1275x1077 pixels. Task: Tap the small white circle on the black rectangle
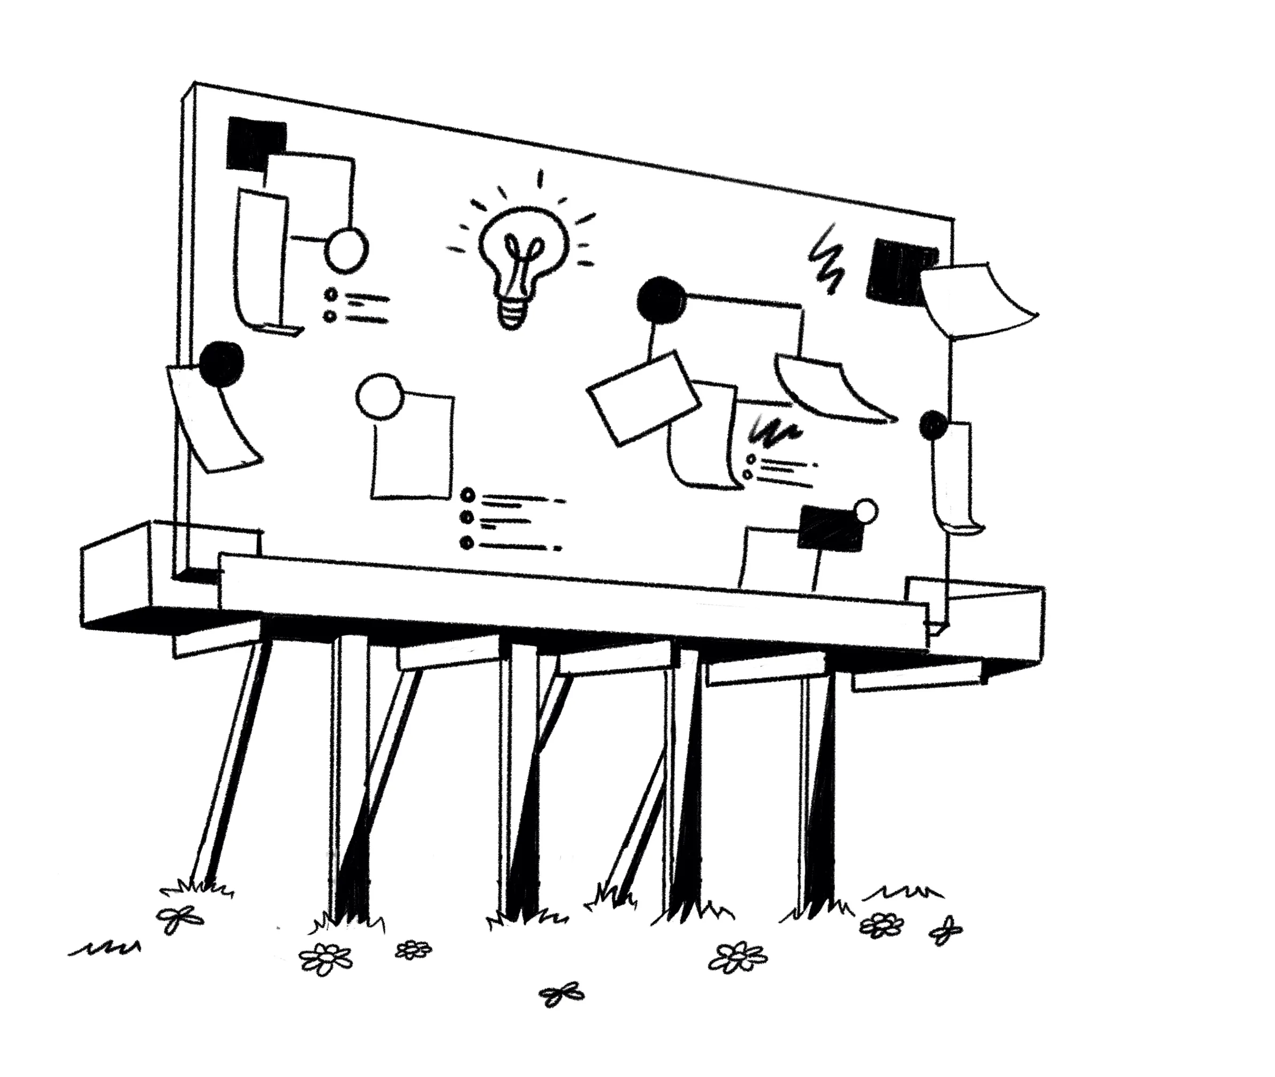pos(866,511)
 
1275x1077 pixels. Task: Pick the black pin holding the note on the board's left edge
pos(222,363)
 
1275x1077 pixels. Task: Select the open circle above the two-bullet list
pos(346,250)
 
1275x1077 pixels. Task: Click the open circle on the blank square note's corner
pos(379,396)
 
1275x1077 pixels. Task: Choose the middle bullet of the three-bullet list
pos(468,518)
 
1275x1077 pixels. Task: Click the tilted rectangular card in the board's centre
pos(643,398)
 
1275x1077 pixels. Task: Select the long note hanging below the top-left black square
pos(261,256)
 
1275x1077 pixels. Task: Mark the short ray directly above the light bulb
pos(540,179)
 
